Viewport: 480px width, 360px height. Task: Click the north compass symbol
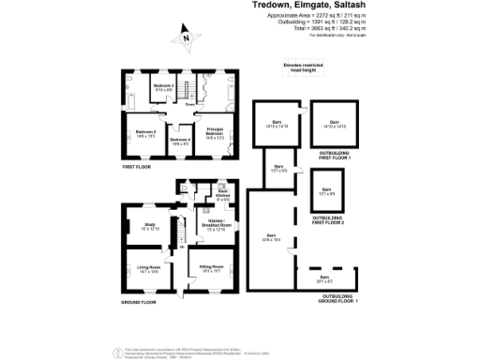click(186, 37)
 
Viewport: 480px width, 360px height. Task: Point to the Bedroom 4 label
click(180, 142)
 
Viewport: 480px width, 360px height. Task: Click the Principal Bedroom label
click(215, 133)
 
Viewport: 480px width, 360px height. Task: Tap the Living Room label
click(148, 269)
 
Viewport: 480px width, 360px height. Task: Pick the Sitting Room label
click(210, 269)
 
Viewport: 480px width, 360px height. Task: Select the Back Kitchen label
click(223, 197)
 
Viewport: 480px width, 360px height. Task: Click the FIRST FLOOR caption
click(137, 166)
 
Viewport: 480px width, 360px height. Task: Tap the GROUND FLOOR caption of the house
click(139, 303)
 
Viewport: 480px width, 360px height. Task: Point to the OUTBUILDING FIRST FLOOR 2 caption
click(328, 220)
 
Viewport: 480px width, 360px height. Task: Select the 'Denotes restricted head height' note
click(305, 67)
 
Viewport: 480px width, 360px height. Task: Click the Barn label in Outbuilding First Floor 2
click(325, 190)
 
